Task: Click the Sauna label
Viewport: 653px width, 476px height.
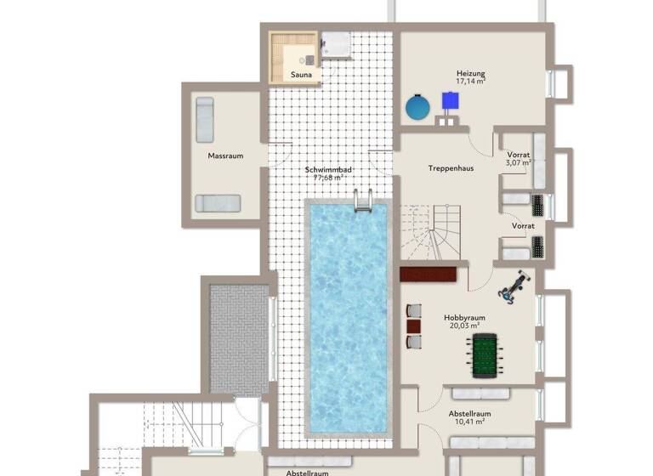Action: pos(301,75)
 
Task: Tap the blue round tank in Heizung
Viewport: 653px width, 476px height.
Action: pos(417,107)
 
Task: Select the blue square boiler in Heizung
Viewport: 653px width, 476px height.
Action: pos(450,101)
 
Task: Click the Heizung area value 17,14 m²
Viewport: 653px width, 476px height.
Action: pos(470,82)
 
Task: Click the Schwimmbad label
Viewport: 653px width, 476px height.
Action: pos(328,170)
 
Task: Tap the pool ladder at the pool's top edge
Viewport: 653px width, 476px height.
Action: pos(362,202)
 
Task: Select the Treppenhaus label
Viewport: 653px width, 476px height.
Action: pos(451,168)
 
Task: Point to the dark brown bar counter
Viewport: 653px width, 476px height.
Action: pos(429,275)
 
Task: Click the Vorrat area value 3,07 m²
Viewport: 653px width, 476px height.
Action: pos(518,162)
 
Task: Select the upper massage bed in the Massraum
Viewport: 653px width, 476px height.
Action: pos(204,119)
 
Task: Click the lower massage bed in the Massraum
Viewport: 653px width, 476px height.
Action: pos(218,203)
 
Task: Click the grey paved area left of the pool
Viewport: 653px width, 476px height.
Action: pos(239,338)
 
